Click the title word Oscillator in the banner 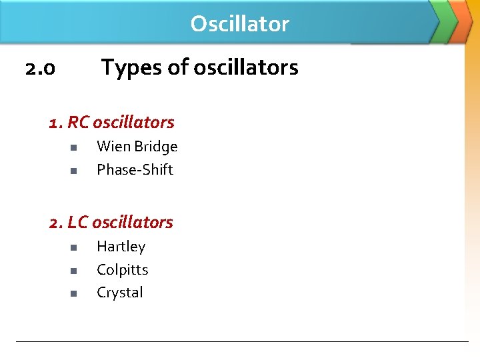240,24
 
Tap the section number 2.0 39,68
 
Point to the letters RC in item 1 79,123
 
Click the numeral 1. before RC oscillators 56,123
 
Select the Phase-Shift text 135,170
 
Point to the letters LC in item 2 79,223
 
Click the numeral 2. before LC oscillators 56,223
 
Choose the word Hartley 121,247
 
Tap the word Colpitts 122,270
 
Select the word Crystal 120,293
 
